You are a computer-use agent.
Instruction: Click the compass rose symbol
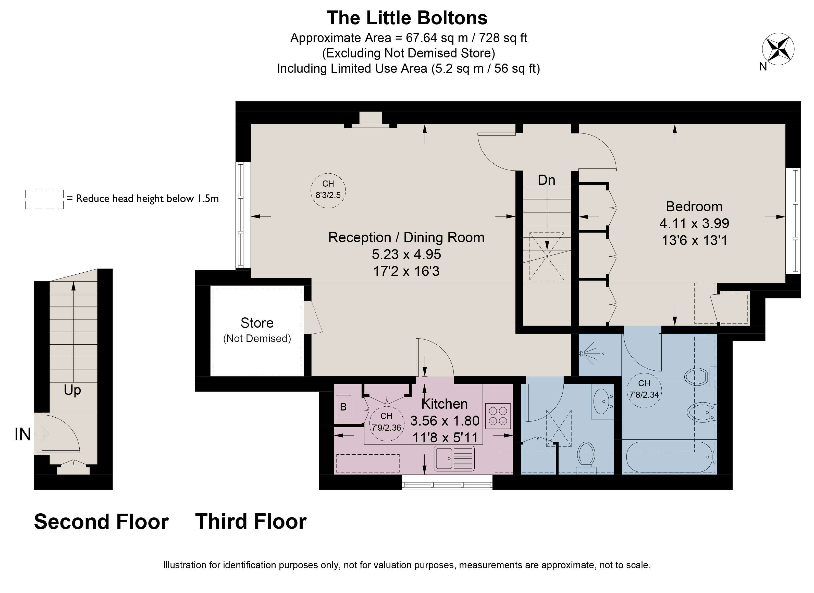(x=778, y=49)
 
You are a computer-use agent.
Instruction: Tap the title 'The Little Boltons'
(x=407, y=18)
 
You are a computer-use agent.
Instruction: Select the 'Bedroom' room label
(x=694, y=207)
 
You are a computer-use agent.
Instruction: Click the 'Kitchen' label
(x=444, y=404)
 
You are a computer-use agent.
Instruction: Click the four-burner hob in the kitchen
(x=498, y=416)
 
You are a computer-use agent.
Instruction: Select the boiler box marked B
(x=343, y=407)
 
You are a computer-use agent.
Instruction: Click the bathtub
(x=671, y=457)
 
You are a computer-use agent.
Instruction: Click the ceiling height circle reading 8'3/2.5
(x=328, y=190)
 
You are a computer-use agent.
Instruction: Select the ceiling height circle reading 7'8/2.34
(x=644, y=390)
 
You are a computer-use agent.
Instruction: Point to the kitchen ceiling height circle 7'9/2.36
(x=386, y=423)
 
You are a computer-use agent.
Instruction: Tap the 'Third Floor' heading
(x=251, y=521)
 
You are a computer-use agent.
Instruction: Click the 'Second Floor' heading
(x=101, y=521)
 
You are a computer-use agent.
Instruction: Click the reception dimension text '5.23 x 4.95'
(x=406, y=254)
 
